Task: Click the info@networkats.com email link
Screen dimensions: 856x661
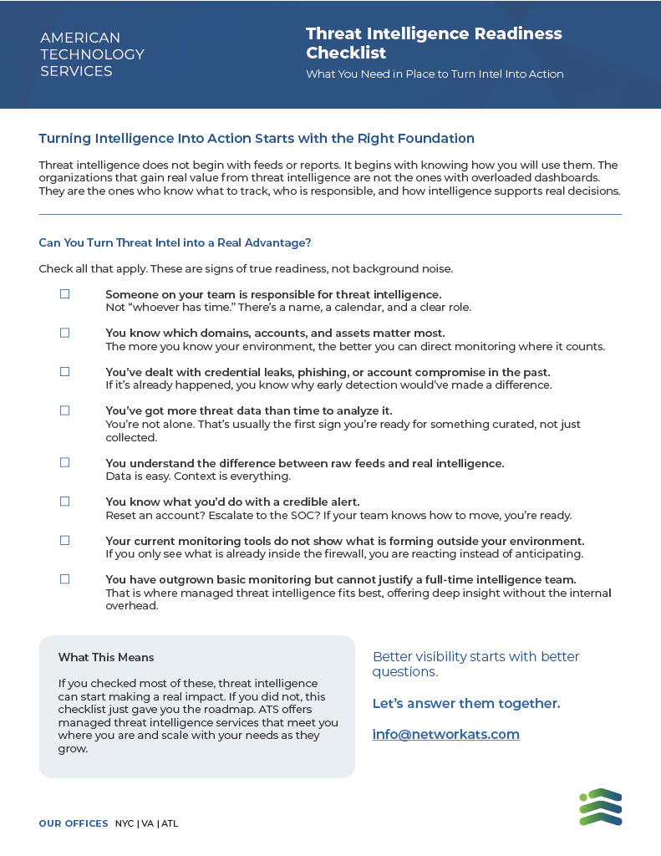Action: point(445,735)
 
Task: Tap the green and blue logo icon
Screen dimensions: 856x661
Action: point(601,807)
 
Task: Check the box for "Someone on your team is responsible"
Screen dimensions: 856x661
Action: point(64,294)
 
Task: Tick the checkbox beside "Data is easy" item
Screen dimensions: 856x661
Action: point(64,462)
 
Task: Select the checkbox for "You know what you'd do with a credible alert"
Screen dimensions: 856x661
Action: point(64,502)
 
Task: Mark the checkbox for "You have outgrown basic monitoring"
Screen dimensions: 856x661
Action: point(64,579)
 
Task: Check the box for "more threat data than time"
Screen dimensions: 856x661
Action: point(64,410)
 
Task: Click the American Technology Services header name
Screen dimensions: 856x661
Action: point(92,54)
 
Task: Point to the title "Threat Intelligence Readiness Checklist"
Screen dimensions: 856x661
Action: point(434,43)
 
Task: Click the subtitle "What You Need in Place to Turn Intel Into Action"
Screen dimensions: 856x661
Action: point(435,74)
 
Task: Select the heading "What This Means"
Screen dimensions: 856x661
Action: point(106,658)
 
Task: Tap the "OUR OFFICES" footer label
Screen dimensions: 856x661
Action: point(74,823)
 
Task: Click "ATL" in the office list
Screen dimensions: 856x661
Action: point(170,823)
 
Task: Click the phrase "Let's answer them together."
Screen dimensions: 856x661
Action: point(465,704)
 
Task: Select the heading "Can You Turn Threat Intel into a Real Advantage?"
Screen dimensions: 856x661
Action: point(175,243)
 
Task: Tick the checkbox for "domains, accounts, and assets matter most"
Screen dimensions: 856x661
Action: point(64,333)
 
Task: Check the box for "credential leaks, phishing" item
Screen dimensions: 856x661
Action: point(64,372)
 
